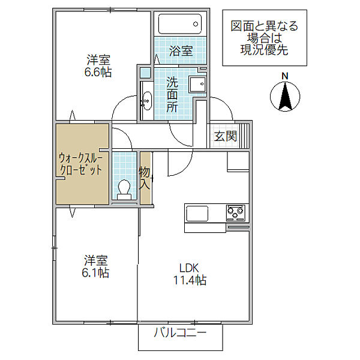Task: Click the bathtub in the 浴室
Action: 180,24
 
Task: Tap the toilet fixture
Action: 124,190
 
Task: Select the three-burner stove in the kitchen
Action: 235,213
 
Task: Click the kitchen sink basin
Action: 197,214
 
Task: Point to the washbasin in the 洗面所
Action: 146,101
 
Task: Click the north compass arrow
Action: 285,97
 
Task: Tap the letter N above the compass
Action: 285,76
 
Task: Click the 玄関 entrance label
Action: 226,136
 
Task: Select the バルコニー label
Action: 180,332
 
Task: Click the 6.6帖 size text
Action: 98,72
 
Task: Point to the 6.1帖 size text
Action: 95,272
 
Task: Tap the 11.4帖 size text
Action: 190,280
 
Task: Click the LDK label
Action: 189,268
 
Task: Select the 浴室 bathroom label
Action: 181,51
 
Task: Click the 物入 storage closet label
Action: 145,178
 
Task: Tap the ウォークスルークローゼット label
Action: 80,164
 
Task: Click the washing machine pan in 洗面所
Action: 197,84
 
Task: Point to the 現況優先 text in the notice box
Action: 264,50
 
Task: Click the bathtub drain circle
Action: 196,24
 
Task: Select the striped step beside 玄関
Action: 244,136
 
